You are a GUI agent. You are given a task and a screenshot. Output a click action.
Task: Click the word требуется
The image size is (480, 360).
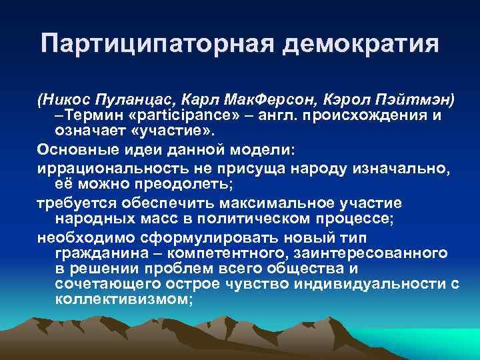coord(71,203)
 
